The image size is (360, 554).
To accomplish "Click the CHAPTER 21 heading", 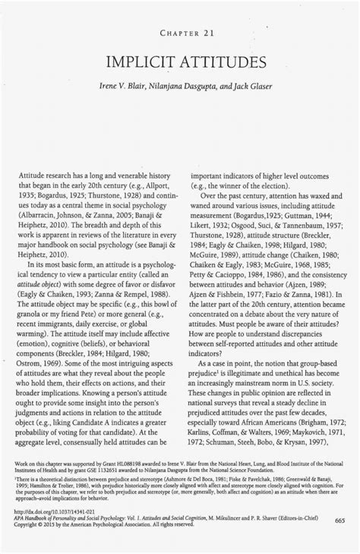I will click(x=180, y=33).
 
